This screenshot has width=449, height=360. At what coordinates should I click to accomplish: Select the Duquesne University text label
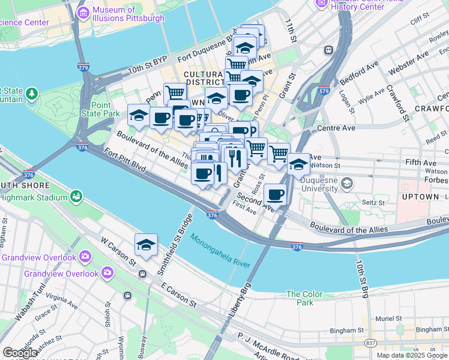(312, 182)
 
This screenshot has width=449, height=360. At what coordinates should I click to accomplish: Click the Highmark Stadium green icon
(76, 196)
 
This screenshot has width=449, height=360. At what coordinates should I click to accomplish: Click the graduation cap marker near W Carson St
(146, 245)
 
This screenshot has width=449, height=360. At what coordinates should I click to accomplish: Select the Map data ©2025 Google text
(412, 355)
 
